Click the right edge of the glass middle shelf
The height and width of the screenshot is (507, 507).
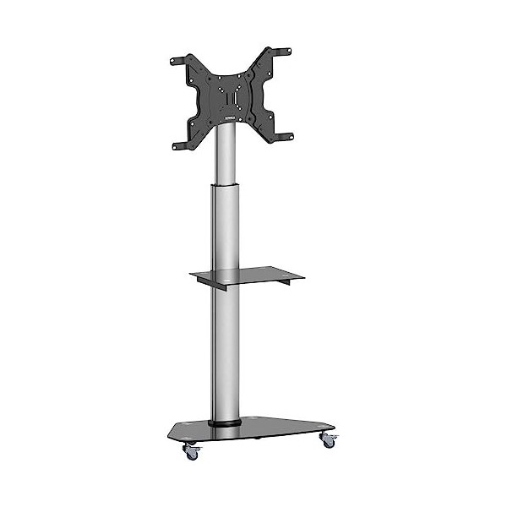pos(279,271)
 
